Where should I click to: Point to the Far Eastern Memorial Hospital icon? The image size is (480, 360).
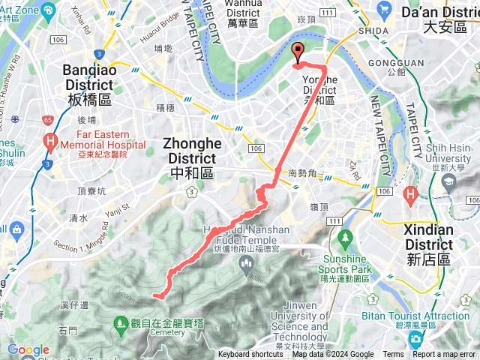tap(50, 140)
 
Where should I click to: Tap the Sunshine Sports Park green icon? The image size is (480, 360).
tap(345, 238)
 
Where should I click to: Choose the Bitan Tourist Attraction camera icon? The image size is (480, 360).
tap(415, 338)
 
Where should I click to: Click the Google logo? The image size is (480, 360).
tap(28, 349)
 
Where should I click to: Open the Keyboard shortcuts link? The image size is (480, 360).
tap(250, 355)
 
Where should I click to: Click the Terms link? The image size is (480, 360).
tap(393, 355)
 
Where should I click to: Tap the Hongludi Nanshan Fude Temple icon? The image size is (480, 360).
tap(245, 262)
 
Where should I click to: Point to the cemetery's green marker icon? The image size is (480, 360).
tap(121, 323)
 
